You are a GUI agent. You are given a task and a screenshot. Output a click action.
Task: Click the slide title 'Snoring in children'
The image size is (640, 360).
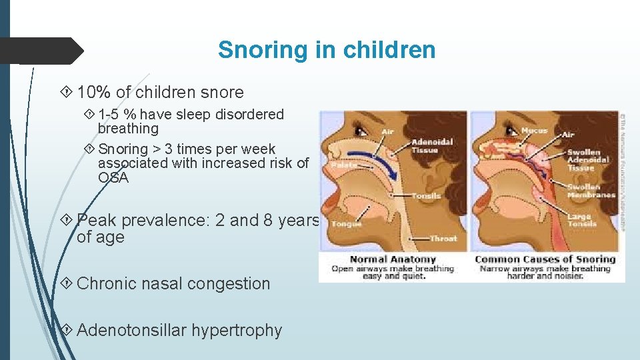coord(327,50)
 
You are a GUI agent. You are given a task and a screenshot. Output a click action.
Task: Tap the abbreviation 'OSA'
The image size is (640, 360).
coord(113,178)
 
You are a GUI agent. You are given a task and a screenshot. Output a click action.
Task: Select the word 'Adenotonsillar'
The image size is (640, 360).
coord(132,330)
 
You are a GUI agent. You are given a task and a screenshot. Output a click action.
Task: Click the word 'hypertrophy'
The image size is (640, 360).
coord(237,330)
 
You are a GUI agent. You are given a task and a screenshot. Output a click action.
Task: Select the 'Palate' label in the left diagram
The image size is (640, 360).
coord(344,164)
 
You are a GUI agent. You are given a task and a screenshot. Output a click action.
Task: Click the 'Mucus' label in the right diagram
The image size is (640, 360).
coord(535,130)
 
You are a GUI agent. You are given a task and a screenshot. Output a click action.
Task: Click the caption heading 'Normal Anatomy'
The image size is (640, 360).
coord(393,259)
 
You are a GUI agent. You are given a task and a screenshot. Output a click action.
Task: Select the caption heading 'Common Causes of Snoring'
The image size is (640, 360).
coord(545,259)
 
